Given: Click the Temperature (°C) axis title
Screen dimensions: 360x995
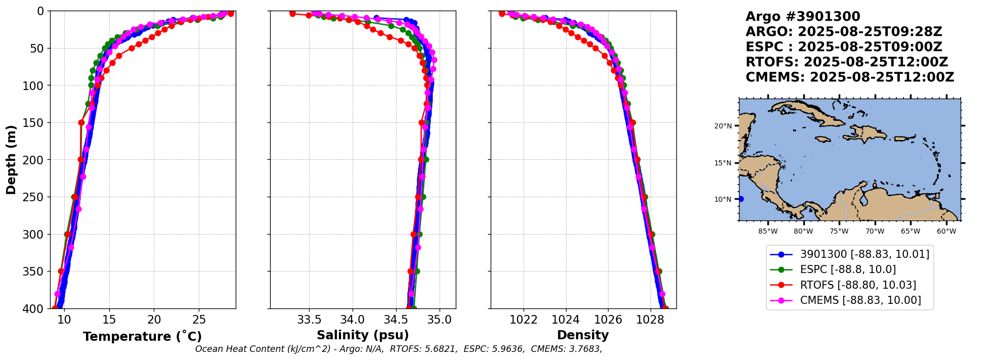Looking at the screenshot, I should [142, 337].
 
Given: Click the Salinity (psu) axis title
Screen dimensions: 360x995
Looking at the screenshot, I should [363, 335].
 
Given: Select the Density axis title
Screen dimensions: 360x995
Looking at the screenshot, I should [583, 335].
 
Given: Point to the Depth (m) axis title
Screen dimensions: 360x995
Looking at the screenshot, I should [11, 160].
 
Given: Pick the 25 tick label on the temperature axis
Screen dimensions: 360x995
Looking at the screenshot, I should [199, 320].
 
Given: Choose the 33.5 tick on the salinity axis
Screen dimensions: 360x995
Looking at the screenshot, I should [309, 320].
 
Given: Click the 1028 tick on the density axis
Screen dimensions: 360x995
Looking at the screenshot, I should [650, 320].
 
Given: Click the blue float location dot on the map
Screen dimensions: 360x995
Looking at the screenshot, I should [741, 199].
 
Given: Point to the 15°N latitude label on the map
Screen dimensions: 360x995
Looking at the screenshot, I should [723, 163].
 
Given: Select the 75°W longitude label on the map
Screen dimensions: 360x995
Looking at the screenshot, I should [839, 232].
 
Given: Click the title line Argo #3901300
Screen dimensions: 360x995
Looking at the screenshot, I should [803, 17].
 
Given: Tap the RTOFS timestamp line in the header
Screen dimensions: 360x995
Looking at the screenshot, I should [847, 62].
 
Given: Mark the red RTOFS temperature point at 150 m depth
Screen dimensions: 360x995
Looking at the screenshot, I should [81, 122].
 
